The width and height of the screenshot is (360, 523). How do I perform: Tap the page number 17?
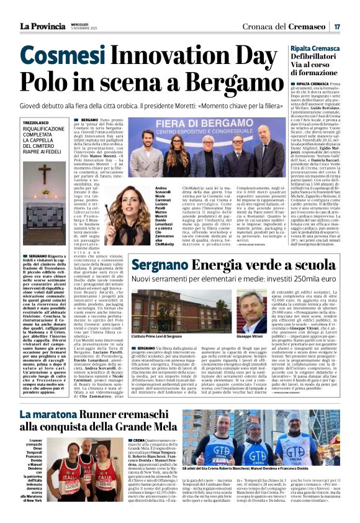(x=336, y=27)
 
